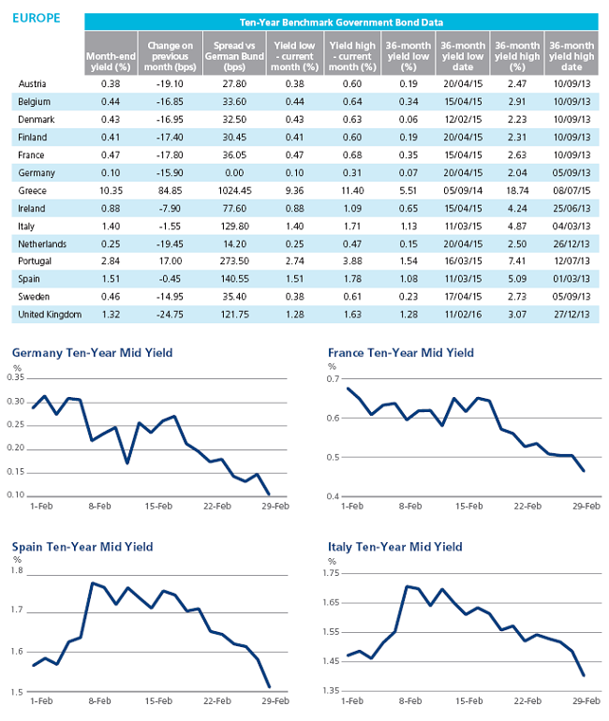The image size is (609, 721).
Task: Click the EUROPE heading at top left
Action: pos(37,18)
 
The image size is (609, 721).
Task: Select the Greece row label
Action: pos(32,190)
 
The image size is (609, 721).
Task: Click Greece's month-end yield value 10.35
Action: pos(111,190)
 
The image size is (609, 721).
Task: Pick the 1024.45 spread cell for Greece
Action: pos(234,190)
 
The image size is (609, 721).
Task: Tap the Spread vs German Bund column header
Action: pos(234,56)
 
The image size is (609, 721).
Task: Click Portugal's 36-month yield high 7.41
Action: pos(517,261)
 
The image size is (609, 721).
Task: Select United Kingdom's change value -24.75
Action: pos(170,315)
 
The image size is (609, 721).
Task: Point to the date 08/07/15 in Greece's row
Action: pos(572,190)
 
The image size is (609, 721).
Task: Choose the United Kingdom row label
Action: pos(50,315)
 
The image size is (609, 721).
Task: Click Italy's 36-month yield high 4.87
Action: pos(517,227)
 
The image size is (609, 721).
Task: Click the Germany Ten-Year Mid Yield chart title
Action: pos(93,353)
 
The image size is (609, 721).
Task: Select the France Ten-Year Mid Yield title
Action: pos(401,353)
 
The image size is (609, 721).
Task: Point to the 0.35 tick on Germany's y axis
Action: pos(16,377)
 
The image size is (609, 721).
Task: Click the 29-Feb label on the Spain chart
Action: pos(275,701)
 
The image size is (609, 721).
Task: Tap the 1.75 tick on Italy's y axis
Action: pos(331,573)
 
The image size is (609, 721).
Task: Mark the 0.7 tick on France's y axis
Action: pos(333,379)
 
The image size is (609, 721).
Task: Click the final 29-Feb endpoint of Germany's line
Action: pos(269,494)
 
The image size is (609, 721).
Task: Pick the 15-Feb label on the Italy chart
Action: pos(469,701)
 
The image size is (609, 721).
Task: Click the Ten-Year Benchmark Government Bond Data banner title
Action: pos(341,22)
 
